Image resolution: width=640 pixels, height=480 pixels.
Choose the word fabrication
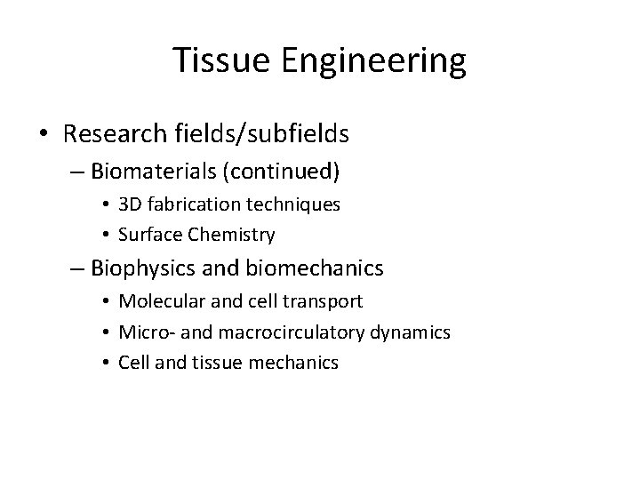192,204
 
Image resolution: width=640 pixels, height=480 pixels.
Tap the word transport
326,300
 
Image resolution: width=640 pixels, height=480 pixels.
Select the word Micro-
140,332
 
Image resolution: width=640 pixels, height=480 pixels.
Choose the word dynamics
413,332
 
